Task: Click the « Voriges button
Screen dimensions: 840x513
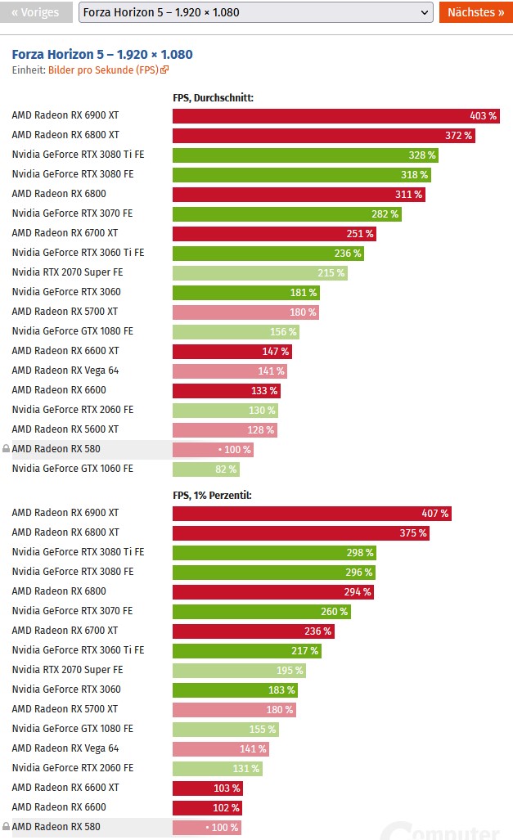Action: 35,12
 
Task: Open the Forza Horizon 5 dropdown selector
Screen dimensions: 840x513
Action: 255,12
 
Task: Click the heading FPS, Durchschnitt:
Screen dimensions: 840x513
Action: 213,97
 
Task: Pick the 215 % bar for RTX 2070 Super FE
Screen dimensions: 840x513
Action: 260,273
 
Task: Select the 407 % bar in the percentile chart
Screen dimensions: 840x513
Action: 312,514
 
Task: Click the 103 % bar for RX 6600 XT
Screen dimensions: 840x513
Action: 207,788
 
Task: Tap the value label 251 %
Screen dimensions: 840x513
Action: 360,234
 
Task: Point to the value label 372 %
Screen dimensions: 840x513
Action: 458,136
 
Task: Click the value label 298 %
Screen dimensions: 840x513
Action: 359,553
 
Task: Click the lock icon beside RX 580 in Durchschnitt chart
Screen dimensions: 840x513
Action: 6,450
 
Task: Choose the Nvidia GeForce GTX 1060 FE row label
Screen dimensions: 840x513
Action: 72,469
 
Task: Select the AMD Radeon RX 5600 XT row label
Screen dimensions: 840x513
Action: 65,430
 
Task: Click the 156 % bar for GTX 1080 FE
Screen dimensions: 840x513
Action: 236,332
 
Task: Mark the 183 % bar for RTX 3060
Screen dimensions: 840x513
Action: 235,690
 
